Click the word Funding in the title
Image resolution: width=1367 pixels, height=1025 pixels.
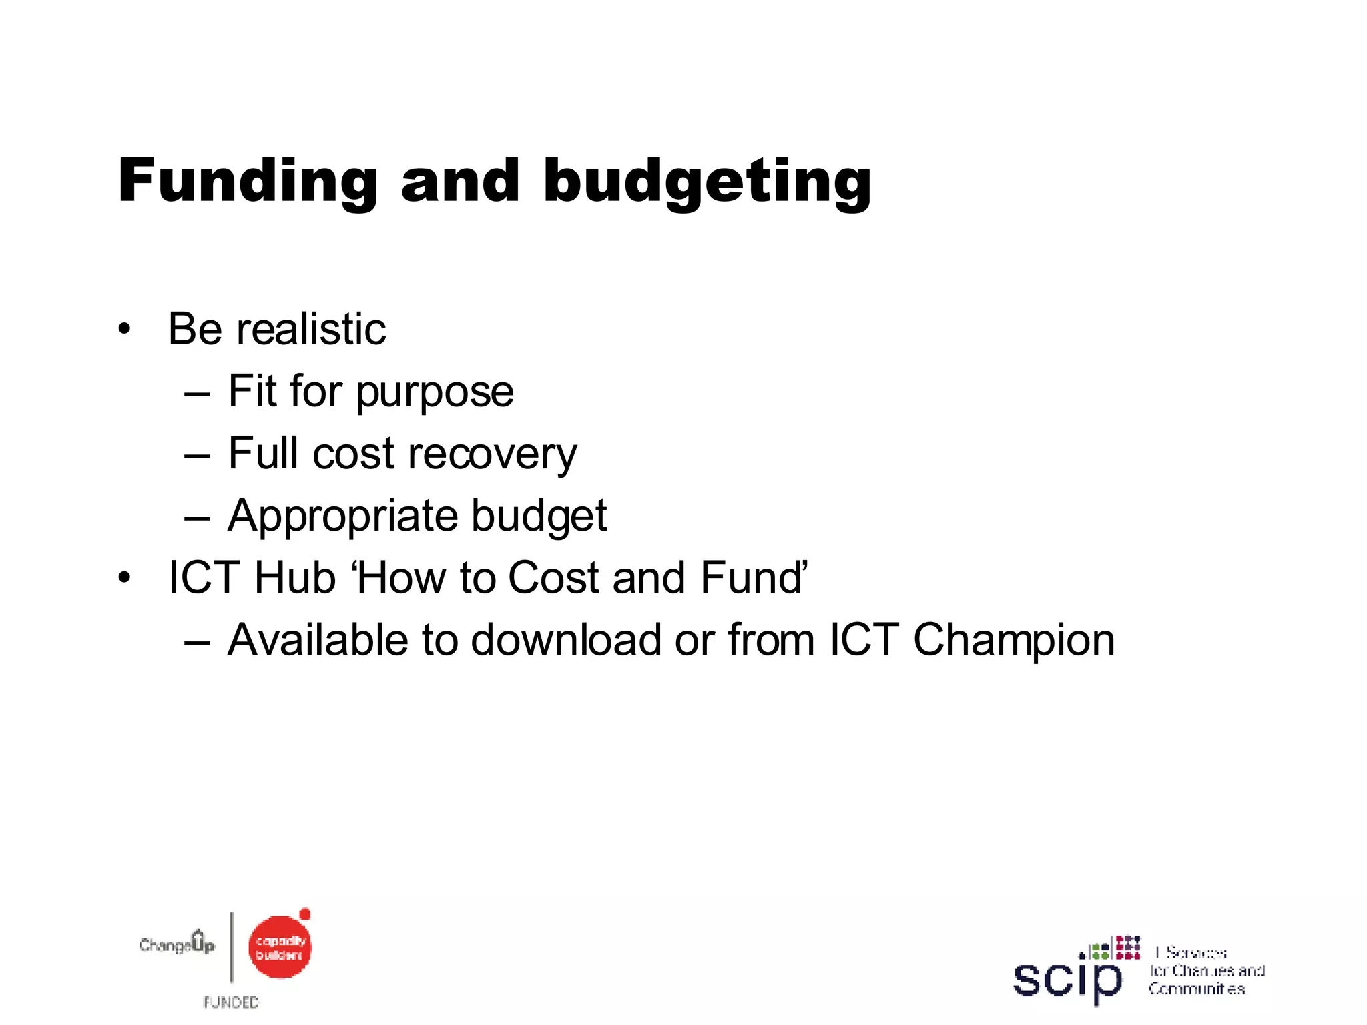248,182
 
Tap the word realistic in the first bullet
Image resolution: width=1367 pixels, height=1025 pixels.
310,330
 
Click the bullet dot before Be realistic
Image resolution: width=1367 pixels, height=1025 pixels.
124,330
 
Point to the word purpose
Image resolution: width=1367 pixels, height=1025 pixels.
435,392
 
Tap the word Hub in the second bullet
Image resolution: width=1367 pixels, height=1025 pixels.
294,578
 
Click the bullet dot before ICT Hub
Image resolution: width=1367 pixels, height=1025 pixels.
124,578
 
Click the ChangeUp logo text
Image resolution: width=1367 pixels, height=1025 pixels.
177,944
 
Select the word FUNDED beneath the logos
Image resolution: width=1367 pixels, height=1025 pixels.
231,1002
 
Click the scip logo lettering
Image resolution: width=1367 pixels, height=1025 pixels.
1067,980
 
